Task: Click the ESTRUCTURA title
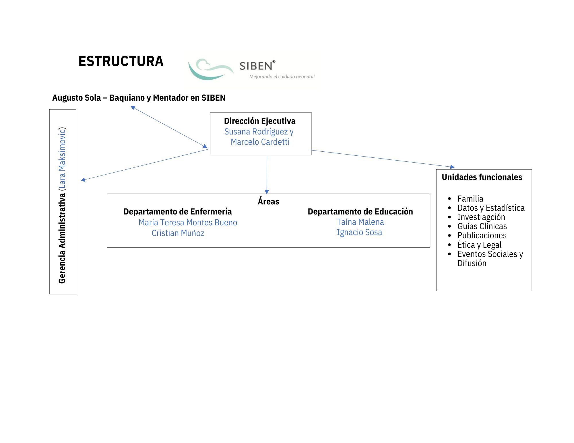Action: [121, 61]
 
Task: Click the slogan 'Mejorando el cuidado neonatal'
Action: [282, 77]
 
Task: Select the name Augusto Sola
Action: [76, 98]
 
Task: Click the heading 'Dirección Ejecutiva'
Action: [259, 121]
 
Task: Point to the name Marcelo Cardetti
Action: [260, 142]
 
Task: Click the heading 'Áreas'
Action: [268, 201]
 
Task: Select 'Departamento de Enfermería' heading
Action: [177, 212]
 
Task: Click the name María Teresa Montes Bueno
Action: [188, 223]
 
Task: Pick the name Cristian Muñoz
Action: [178, 233]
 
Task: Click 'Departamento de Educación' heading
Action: [360, 212]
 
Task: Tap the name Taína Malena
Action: [360, 222]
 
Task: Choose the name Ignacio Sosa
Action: [359, 232]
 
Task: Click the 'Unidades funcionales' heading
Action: [482, 177]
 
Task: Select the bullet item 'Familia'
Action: [470, 199]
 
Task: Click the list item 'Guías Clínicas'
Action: [482, 226]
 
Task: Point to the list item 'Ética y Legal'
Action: [479, 245]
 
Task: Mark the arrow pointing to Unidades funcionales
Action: [382, 158]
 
